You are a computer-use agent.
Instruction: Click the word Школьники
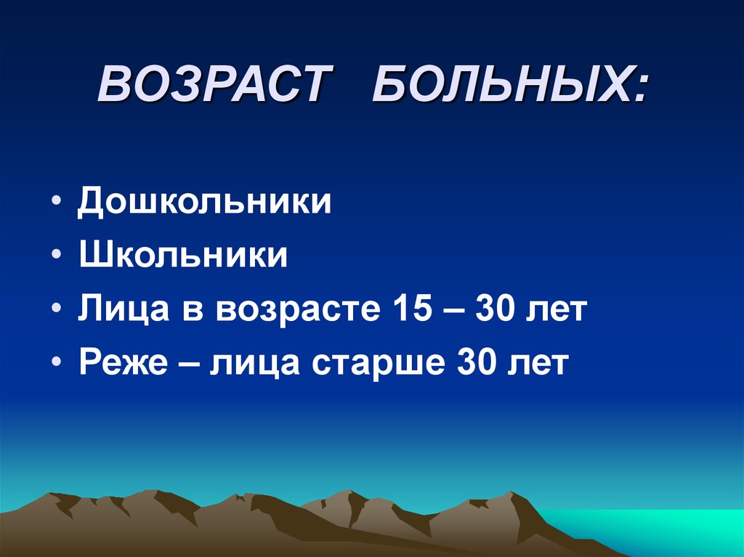pos(183,256)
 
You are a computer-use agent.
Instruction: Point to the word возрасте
pos(297,311)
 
